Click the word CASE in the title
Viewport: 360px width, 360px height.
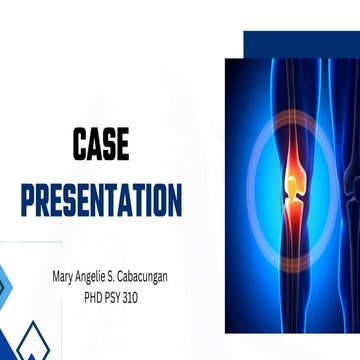[100, 146]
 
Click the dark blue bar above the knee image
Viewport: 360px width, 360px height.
[300, 43]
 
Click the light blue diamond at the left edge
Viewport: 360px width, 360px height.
[4, 285]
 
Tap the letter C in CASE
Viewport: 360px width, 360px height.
[79, 146]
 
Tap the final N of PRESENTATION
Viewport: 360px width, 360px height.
[174, 200]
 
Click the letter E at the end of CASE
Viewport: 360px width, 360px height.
[122, 146]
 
